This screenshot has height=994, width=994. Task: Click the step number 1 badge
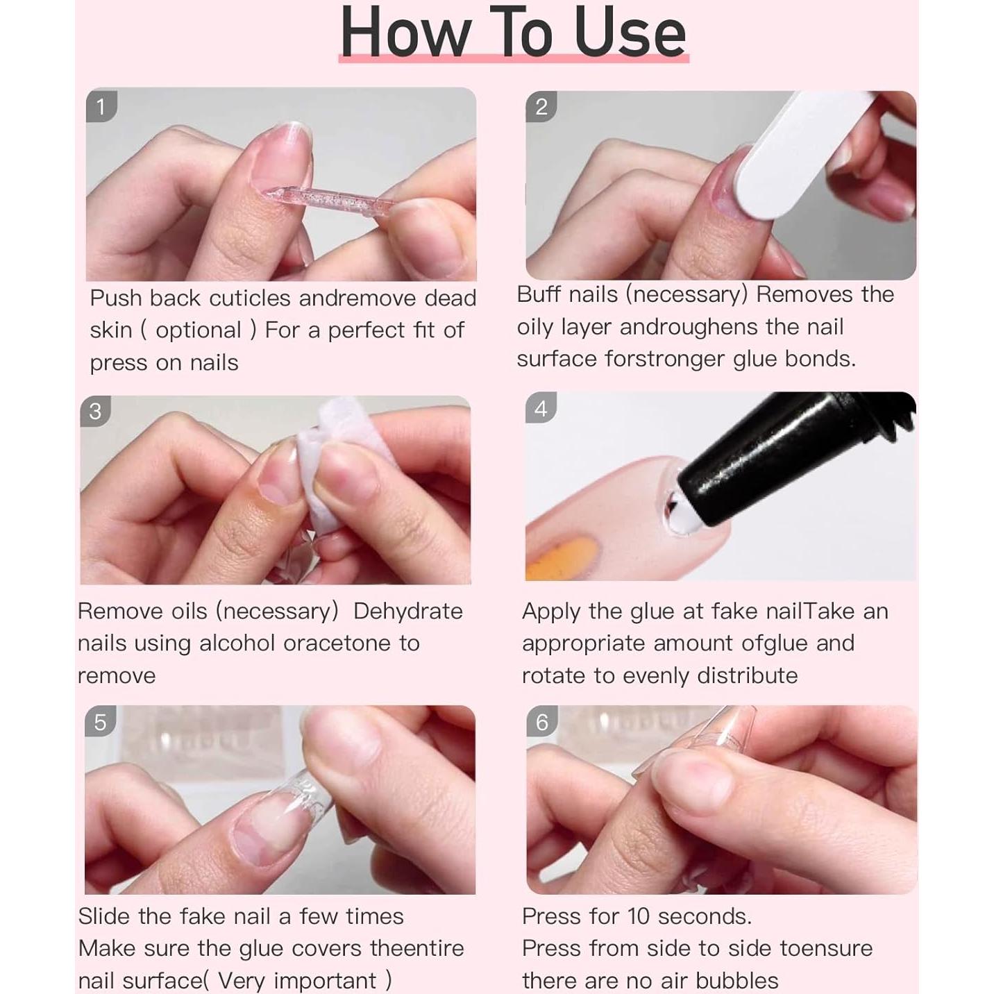coord(101,106)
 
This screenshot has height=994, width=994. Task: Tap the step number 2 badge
coord(541,106)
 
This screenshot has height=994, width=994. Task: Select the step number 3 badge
coord(96,411)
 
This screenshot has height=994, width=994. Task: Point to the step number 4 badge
coord(541,408)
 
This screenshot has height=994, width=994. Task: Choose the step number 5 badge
coord(100,722)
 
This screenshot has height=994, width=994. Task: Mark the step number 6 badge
coord(541,722)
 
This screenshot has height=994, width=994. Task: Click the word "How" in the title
coord(405,33)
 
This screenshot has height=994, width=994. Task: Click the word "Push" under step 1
coord(116,298)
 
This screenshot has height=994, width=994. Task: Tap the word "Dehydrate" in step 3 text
coord(407,611)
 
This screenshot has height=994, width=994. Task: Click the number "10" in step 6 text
coord(638,916)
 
